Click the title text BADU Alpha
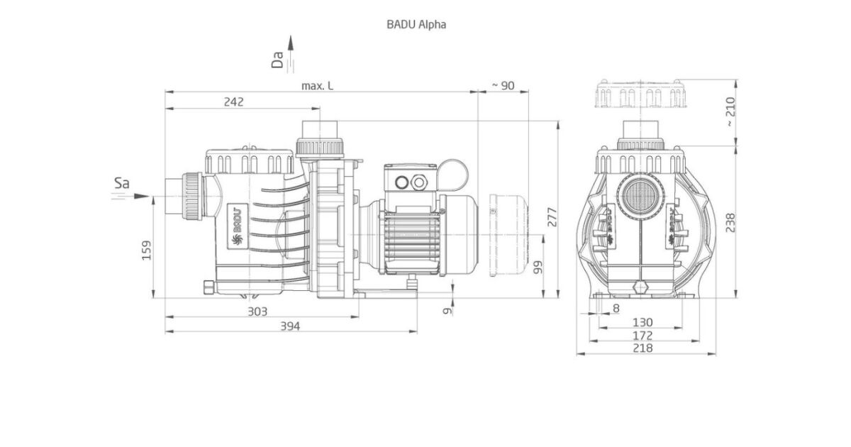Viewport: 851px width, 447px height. coord(416,23)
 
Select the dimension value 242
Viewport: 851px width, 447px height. coord(233,101)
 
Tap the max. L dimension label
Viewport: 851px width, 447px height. coord(317,85)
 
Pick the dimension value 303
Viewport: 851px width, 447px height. coord(257,311)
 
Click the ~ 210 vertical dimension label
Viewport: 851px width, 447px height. coord(730,112)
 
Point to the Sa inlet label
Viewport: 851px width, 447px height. coord(121,184)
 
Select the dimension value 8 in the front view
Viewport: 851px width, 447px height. coord(615,308)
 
